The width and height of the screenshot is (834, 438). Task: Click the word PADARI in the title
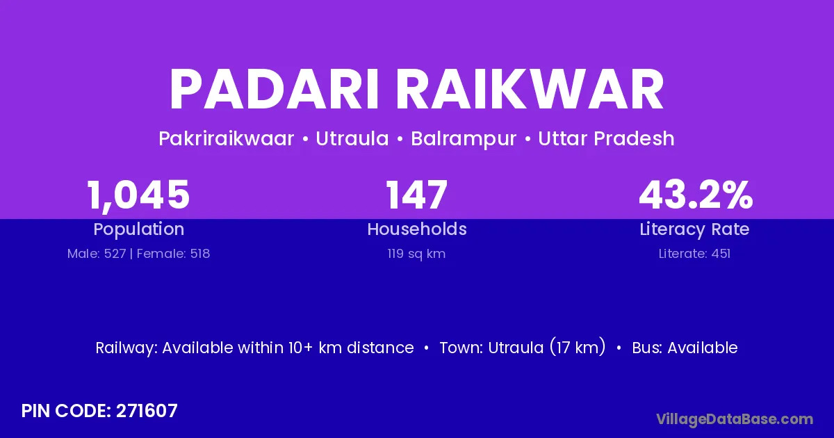[275, 90]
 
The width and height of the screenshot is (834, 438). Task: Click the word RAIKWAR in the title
[530, 90]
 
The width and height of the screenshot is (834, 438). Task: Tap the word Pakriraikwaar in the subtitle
[227, 138]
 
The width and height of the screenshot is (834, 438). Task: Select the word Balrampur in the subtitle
[464, 139]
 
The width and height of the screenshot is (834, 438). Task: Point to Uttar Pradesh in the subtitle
[606, 138]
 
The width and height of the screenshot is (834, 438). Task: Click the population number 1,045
[138, 195]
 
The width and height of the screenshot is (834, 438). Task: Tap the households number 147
[416, 195]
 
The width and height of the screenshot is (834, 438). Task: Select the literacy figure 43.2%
[696, 195]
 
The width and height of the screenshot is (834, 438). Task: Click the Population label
[139, 229]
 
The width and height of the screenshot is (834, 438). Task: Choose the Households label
[417, 229]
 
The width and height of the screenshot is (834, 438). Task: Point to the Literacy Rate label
[694, 229]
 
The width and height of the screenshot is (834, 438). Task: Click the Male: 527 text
[97, 254]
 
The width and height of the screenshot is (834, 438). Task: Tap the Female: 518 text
[173, 254]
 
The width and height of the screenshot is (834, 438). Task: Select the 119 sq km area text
[416, 254]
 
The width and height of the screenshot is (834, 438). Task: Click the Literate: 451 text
[694, 254]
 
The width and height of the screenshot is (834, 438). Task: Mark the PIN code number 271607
[147, 411]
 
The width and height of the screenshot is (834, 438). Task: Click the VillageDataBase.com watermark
[735, 419]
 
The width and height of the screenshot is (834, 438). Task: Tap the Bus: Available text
[685, 348]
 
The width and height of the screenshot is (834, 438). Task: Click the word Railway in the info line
[126, 348]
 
